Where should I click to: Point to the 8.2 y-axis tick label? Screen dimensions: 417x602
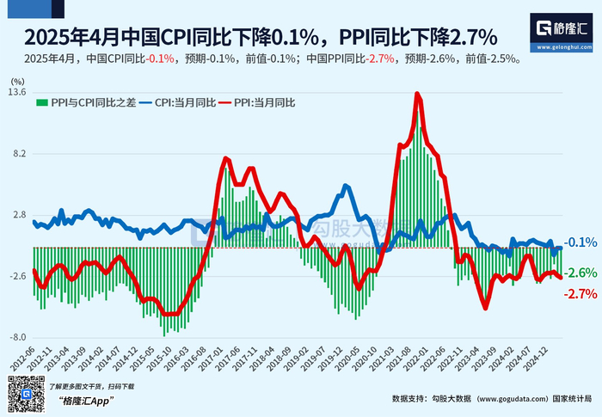click(x=19, y=154)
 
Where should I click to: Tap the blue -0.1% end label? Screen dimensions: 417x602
click(x=581, y=243)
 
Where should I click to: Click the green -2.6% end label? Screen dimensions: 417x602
click(x=581, y=273)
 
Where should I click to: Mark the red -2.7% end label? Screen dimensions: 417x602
click(x=581, y=294)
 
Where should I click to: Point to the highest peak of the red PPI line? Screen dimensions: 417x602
click(x=417, y=93)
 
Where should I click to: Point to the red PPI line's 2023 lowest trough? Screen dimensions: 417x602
click(x=486, y=308)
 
